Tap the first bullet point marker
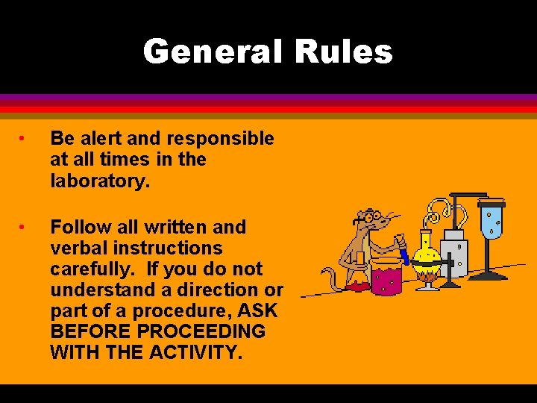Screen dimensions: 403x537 (23, 139)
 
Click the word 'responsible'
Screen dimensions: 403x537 (220, 139)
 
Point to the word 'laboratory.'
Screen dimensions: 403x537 (97, 180)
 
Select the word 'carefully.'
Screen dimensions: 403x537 (94, 269)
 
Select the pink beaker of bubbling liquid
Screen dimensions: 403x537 (386, 277)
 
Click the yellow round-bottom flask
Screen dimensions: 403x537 (427, 254)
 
